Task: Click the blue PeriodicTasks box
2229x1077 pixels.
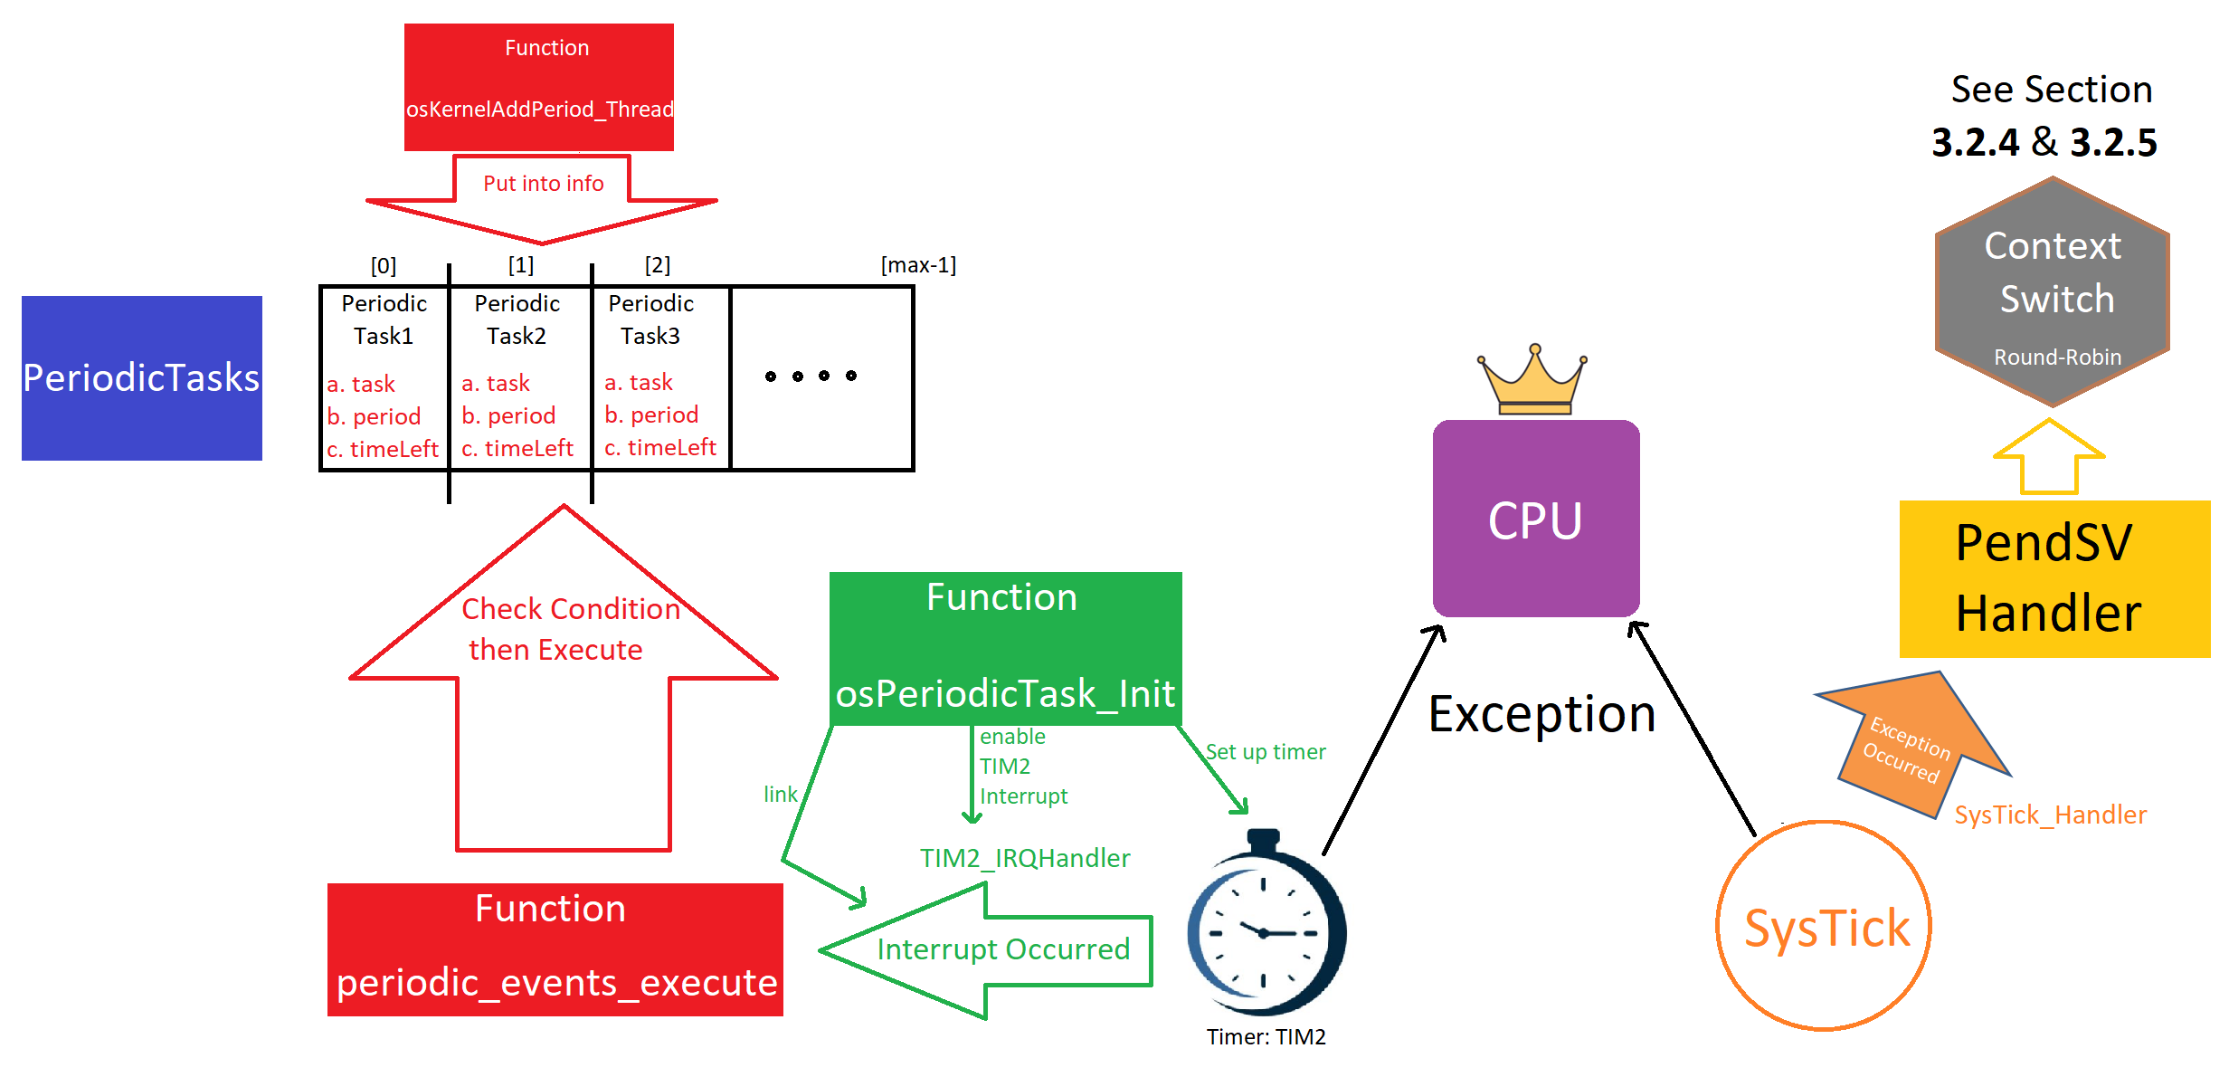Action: (142, 378)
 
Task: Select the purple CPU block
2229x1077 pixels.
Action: (1536, 519)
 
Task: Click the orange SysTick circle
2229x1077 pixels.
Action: (1824, 926)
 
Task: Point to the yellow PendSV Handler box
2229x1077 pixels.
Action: (2054, 579)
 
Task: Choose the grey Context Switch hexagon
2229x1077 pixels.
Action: (2053, 291)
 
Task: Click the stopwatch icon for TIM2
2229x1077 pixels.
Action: (1266, 923)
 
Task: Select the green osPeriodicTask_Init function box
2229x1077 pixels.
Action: (1006, 648)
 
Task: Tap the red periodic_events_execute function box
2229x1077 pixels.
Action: (555, 949)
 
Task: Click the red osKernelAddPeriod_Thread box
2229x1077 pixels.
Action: (539, 87)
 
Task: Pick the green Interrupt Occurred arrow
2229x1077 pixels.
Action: (985, 951)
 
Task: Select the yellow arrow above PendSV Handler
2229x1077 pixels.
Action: (2049, 456)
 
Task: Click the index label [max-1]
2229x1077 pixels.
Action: (918, 265)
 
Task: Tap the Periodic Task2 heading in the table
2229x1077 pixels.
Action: (517, 319)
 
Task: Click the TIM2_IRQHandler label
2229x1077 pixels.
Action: (1025, 858)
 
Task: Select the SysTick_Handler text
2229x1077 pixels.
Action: (2050, 815)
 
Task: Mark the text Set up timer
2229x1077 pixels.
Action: (1266, 752)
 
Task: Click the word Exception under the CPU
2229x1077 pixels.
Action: (1542, 715)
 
